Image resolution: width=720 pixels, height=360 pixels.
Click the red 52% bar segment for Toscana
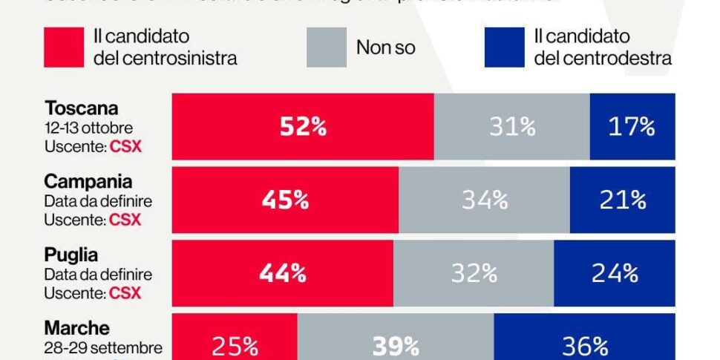click(x=303, y=127)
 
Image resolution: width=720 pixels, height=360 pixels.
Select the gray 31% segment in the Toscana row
click(x=511, y=127)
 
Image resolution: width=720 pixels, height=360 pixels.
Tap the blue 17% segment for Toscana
click(x=632, y=127)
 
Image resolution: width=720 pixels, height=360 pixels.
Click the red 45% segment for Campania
click(x=285, y=200)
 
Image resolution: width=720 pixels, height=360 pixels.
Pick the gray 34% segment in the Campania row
click(x=484, y=200)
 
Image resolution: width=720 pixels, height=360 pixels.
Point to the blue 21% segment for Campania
click(x=622, y=200)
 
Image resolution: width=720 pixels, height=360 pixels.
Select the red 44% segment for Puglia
click(x=283, y=273)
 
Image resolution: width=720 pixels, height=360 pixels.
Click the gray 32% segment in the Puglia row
click(x=474, y=273)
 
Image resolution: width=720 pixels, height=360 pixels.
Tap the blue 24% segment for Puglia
click(x=615, y=273)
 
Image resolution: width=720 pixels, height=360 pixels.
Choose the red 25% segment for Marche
click(x=235, y=345)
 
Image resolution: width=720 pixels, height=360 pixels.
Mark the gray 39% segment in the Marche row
click(x=396, y=345)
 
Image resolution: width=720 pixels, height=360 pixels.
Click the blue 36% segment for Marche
click(x=584, y=345)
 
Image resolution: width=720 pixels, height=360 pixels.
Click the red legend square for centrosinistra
click(x=64, y=48)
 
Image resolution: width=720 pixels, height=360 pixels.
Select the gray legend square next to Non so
click(x=326, y=48)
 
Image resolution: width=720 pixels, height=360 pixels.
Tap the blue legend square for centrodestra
click(x=504, y=48)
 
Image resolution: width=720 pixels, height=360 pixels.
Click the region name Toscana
click(x=82, y=108)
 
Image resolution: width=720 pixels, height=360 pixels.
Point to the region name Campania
click(x=88, y=181)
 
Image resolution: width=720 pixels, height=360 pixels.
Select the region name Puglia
click(x=71, y=255)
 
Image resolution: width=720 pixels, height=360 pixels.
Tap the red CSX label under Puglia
click(x=125, y=293)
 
